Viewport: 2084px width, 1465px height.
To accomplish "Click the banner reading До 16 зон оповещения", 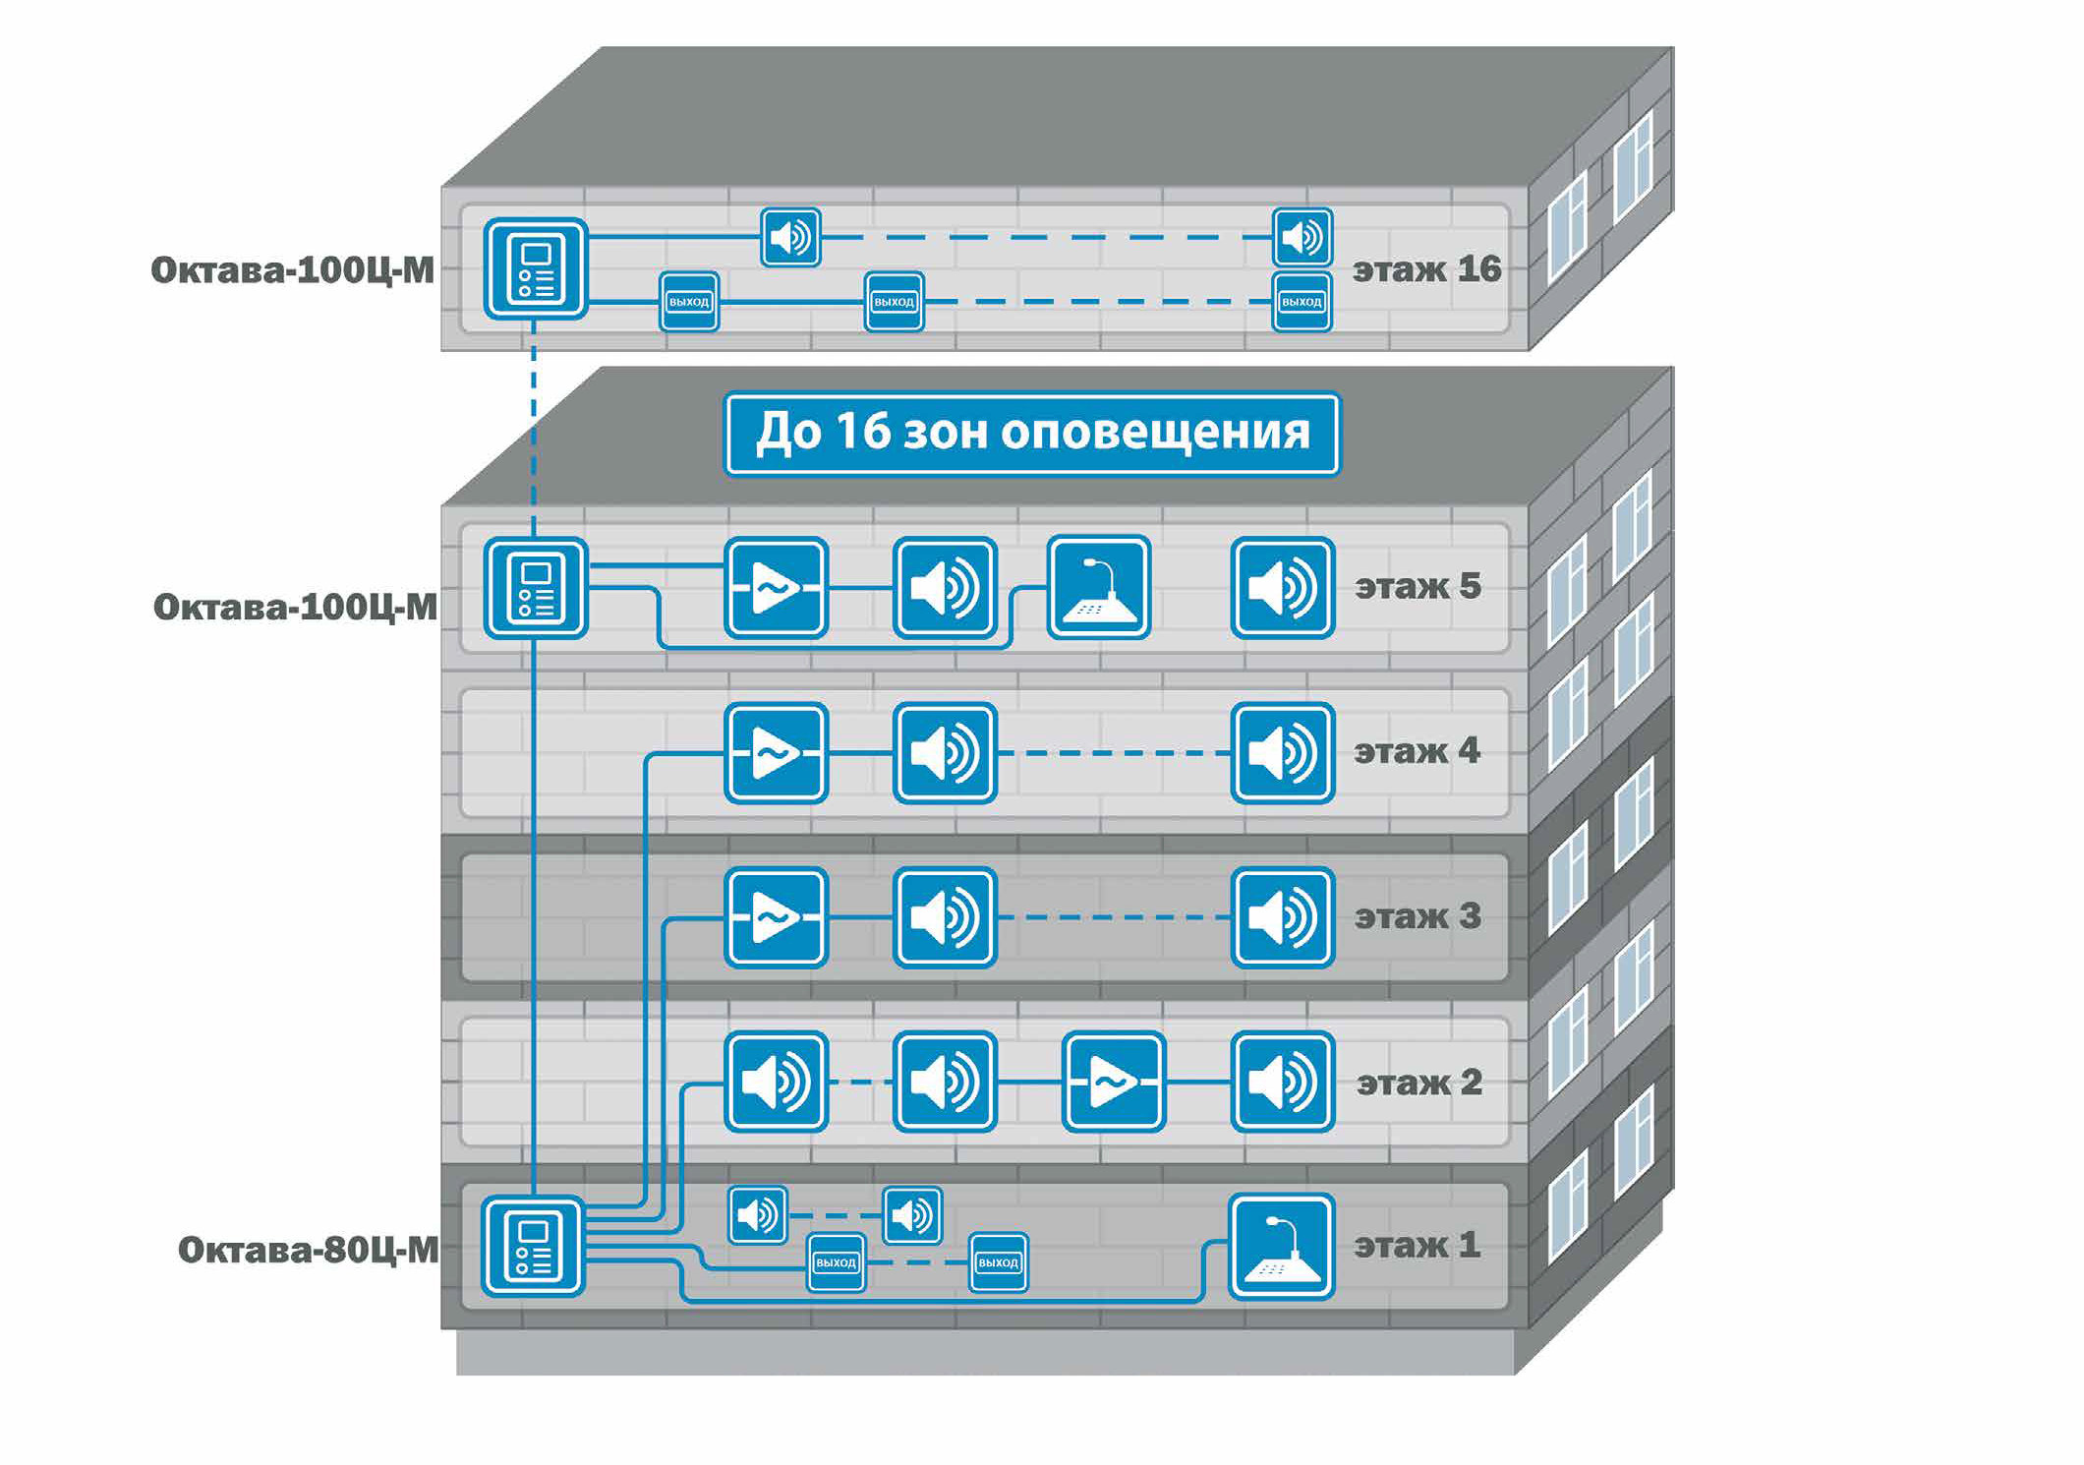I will pos(1032,434).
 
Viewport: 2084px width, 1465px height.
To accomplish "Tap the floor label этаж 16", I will pos(1426,269).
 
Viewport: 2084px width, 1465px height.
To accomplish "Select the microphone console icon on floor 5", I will pos(1098,587).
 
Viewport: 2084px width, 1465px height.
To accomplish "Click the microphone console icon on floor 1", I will pos(1281,1247).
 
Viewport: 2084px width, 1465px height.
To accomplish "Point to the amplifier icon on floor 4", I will pos(777,753).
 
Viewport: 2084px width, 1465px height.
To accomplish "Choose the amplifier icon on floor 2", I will pos(1114,1082).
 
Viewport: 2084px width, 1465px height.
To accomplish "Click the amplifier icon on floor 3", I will pos(777,917).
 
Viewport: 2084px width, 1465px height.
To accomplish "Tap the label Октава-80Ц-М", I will pos(308,1250).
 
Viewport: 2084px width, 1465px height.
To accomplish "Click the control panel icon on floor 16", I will pos(536,268).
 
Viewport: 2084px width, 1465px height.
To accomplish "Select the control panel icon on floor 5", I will pos(536,588).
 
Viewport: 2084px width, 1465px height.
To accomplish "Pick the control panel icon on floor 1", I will pos(533,1247).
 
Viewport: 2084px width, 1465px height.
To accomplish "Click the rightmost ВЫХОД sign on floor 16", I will pos(1302,302).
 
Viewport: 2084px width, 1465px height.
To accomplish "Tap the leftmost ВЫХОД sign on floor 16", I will pos(688,302).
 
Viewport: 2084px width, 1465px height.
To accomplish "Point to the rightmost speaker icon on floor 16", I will pos(1302,237).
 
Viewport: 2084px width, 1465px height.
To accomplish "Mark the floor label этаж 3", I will pos(1417,916).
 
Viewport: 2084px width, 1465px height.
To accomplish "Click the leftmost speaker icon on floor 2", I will pos(777,1082).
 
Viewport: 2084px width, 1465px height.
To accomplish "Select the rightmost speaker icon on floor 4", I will pos(1282,753).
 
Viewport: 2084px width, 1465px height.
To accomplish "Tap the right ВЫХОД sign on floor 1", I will pos(998,1261).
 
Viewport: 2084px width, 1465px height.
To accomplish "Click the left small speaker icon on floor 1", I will pos(758,1215).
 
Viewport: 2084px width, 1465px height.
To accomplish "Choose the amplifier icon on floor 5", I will pos(777,588).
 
